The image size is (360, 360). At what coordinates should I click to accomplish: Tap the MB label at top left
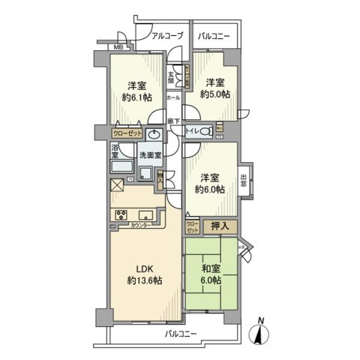tap(117, 48)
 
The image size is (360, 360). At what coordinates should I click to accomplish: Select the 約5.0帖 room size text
tap(215, 94)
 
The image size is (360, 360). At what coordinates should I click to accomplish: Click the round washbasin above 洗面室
tap(154, 135)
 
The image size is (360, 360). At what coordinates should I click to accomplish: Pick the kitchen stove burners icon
tap(121, 215)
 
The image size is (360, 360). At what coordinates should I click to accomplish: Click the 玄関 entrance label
tap(171, 75)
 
